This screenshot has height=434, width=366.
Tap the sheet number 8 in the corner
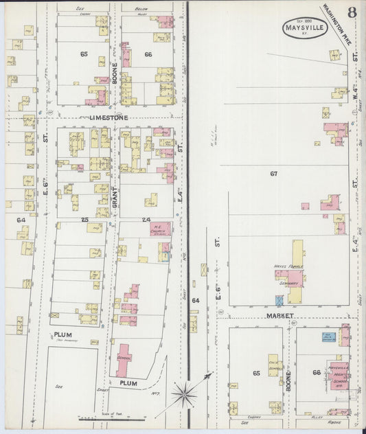352,13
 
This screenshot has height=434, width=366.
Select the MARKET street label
281,316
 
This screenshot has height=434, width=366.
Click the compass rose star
184,393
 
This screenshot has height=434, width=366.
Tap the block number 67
273,174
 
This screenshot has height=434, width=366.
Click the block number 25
85,220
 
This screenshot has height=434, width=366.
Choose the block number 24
146,220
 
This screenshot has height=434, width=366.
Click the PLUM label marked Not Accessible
63,335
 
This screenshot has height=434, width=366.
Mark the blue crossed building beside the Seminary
279,300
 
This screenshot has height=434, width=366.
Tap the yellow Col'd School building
273,365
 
